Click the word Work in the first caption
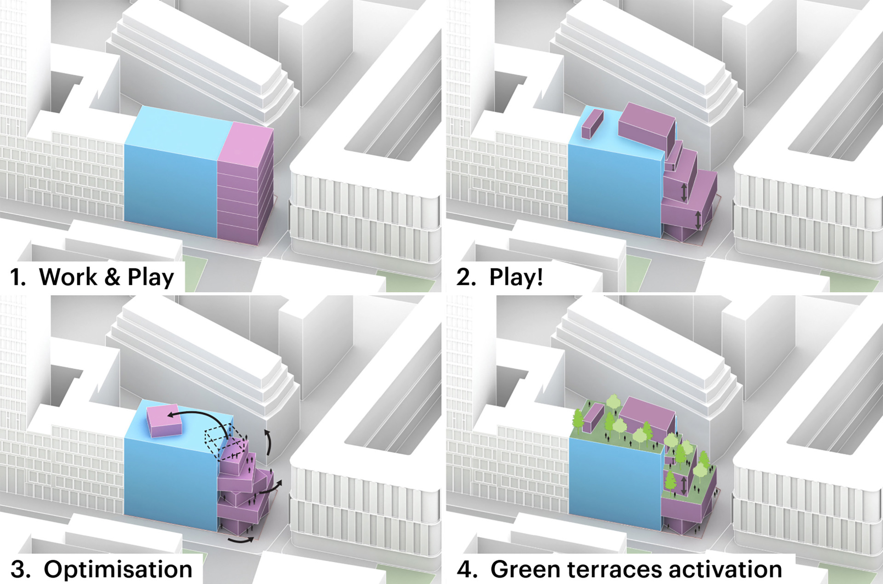coord(68,277)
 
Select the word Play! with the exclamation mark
coord(516,277)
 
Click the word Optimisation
coord(118,569)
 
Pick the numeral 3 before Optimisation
coord(20,569)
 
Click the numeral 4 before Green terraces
coord(466,569)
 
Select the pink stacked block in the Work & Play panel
coord(245,184)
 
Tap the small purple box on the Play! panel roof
coord(592,123)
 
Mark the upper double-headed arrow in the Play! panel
coord(684,192)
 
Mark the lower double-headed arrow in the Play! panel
coord(698,220)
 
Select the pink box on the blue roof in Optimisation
coord(164,420)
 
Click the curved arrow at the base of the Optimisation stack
coord(241,539)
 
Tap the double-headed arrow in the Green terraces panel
coord(684,486)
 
